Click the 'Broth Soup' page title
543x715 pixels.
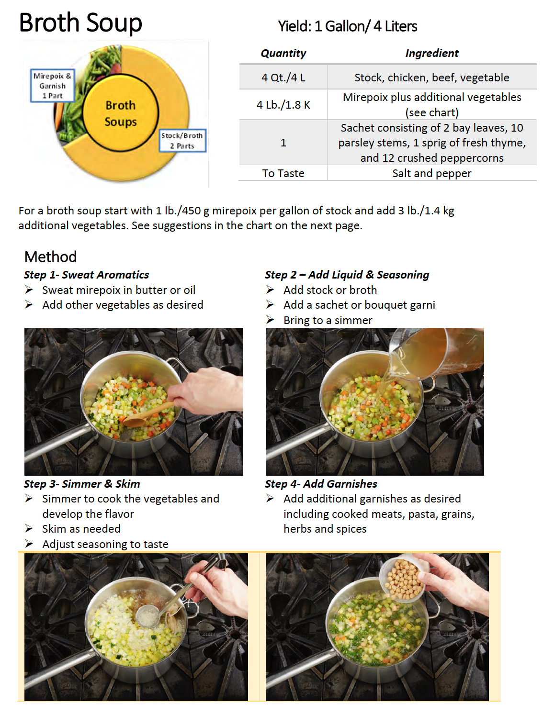(80, 22)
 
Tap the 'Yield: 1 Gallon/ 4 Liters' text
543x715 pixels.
(347, 26)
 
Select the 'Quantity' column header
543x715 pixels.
(283, 53)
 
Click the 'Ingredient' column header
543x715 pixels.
(431, 53)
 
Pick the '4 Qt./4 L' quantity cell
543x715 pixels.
(283, 78)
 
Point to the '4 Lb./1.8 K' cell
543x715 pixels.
(283, 105)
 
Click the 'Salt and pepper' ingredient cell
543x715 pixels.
(431, 173)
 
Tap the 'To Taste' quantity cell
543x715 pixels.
(283, 173)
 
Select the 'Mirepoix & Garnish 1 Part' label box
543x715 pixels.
(53, 86)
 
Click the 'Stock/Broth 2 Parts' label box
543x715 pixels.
(182, 140)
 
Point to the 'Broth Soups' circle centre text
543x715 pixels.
(121, 113)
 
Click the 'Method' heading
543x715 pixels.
(50, 257)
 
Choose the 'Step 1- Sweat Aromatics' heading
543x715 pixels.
(86, 275)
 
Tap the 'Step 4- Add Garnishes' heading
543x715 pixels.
(321, 484)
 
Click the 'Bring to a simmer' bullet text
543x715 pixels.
(328, 320)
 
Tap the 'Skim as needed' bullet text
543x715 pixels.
(81, 529)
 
